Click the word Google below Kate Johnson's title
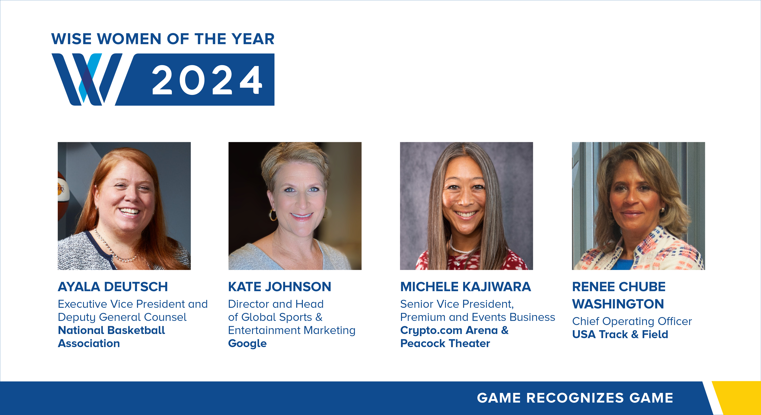(247, 343)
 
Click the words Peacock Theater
(445, 343)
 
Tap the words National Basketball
(111, 330)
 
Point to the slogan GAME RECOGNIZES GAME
(575, 398)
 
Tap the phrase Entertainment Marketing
(292, 330)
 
